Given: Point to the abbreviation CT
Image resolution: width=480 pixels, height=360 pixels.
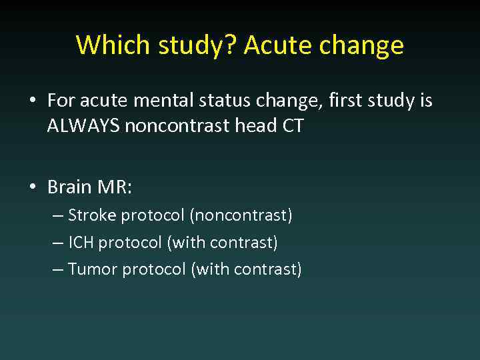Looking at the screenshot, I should click(292, 125).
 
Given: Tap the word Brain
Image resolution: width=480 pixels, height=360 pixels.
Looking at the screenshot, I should click(69, 187).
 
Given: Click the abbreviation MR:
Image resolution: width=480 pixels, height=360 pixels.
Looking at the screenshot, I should click(115, 187).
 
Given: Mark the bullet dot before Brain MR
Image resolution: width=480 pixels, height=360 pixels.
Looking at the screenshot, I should click(32, 187).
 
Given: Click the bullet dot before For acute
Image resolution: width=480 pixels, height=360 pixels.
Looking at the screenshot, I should click(32, 101).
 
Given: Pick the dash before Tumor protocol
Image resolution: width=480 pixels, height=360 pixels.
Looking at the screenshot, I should click(58, 269).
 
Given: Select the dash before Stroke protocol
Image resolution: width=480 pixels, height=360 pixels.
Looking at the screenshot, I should click(58, 215).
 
